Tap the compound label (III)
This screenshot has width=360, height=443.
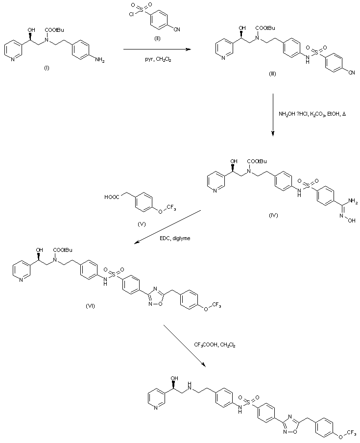273,74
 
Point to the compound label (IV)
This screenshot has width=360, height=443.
273,216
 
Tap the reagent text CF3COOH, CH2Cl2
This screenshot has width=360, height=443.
215,345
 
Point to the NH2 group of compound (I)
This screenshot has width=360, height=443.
99,60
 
